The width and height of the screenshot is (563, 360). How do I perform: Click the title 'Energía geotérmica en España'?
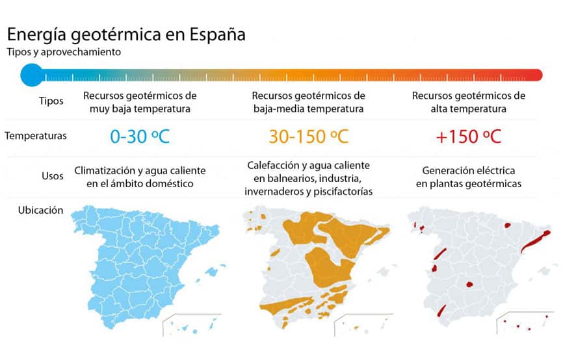click(126, 34)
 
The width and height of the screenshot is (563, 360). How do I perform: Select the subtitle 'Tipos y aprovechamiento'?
click(64, 52)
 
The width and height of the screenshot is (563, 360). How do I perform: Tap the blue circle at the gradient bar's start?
click(31, 74)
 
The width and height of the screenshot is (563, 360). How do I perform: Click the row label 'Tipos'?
click(51, 101)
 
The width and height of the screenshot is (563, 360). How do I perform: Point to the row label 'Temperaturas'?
click(35, 136)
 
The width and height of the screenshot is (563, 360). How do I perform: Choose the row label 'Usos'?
click(52, 175)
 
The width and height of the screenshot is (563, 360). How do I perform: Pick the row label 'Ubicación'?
click(41, 210)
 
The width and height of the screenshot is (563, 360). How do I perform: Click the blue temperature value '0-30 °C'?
click(140, 136)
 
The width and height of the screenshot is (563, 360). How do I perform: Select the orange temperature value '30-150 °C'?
click(308, 136)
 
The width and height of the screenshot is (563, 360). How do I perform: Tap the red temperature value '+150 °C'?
click(468, 136)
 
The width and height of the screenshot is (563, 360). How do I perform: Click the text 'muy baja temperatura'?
click(140, 109)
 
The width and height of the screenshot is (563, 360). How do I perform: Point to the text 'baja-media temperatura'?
click(308, 109)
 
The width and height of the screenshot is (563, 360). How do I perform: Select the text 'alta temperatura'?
click(468, 109)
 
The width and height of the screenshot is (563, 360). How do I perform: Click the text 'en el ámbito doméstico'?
click(140, 184)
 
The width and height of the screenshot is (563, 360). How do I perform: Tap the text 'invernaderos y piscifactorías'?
click(308, 192)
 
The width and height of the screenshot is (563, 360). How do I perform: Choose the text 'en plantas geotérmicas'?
click(468, 184)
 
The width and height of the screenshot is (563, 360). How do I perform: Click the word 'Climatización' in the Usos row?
click(105, 171)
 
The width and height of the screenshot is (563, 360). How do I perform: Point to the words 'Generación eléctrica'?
click(468, 171)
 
